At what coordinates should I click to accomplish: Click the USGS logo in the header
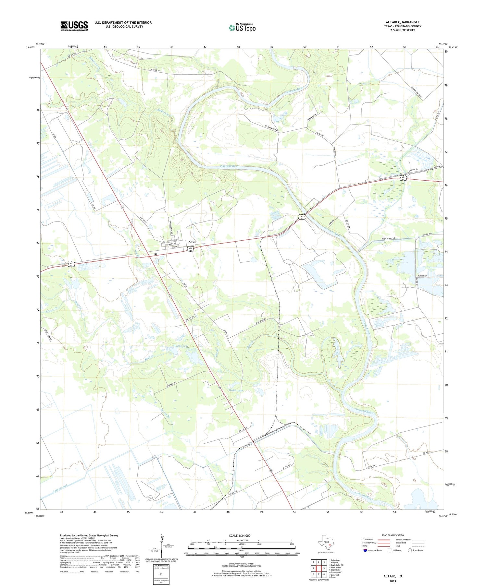74,26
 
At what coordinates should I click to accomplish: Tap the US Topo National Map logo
242,28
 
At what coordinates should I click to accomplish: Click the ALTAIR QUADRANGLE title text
403,22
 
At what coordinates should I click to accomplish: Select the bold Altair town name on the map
193,242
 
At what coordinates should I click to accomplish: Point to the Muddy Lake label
181,346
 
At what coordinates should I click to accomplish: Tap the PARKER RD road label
422,276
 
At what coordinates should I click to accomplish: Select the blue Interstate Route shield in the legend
365,550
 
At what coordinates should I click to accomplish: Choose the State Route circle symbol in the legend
409,550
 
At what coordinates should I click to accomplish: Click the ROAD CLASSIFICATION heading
393,535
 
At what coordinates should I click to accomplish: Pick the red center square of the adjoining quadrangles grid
319,568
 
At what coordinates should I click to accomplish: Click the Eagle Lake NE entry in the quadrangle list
336,565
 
